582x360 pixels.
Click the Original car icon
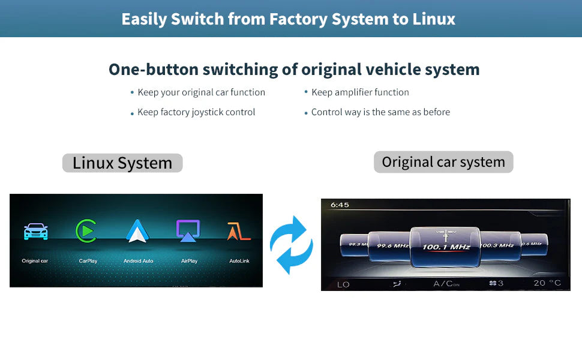(x=35, y=232)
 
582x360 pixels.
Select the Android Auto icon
(x=137, y=231)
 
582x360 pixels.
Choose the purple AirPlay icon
(x=188, y=231)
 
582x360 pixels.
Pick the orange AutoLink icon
(x=238, y=231)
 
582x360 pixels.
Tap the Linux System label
(x=122, y=163)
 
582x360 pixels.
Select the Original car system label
(x=443, y=162)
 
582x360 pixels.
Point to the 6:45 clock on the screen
(x=340, y=205)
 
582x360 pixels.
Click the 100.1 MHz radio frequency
(x=446, y=247)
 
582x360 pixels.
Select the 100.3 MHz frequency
(x=497, y=245)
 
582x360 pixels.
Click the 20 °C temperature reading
(x=547, y=283)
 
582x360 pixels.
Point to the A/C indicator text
(x=446, y=284)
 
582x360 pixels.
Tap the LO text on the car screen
(x=343, y=284)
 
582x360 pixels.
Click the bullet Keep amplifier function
(x=360, y=92)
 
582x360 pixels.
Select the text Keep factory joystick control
(x=196, y=112)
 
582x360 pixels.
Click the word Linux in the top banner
(x=434, y=19)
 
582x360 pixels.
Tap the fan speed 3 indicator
(x=496, y=283)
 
